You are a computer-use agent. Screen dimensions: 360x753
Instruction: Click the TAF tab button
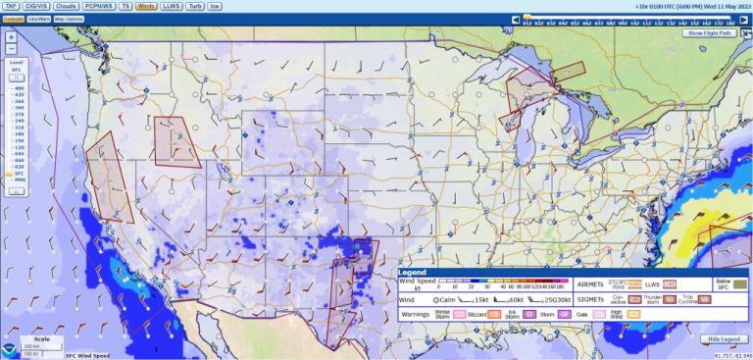click(13, 6)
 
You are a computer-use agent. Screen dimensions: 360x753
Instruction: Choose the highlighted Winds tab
click(145, 6)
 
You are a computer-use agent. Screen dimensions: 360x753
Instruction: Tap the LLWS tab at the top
click(171, 6)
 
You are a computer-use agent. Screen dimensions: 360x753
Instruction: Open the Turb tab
click(195, 6)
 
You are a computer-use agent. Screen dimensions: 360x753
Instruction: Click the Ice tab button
click(216, 6)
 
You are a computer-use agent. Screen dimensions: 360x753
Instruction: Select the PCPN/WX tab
click(98, 6)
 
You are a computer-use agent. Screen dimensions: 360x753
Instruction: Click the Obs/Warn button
click(39, 19)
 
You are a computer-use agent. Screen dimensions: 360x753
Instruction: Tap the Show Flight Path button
click(710, 32)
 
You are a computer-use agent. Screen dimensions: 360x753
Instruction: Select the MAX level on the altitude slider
click(19, 180)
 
